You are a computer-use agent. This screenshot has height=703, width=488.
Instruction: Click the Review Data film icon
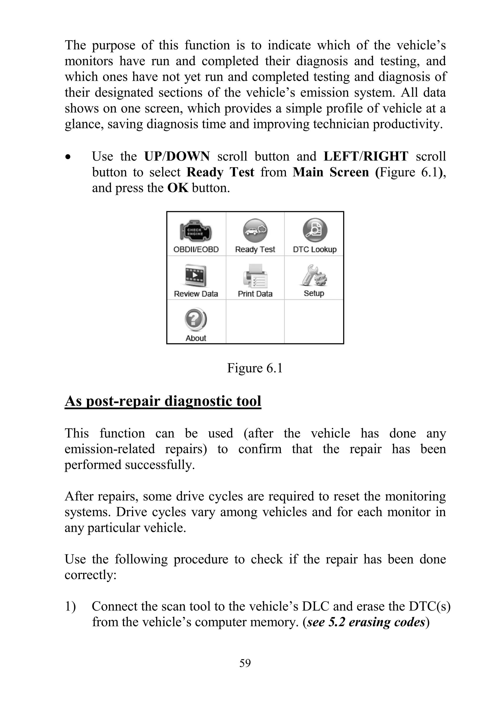(x=196, y=275)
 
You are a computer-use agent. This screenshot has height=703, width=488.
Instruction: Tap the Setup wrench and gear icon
(x=314, y=275)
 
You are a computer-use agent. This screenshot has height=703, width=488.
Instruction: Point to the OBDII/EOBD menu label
(x=196, y=250)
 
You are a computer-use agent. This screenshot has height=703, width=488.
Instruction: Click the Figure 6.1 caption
(x=254, y=368)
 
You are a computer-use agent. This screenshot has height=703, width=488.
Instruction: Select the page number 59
(x=245, y=663)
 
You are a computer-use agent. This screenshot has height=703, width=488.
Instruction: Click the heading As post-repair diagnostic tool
(x=163, y=401)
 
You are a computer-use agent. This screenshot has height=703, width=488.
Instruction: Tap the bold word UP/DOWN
(x=177, y=156)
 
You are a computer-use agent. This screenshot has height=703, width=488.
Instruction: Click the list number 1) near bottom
(x=70, y=606)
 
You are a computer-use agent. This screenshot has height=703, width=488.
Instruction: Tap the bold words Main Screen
(x=330, y=172)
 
